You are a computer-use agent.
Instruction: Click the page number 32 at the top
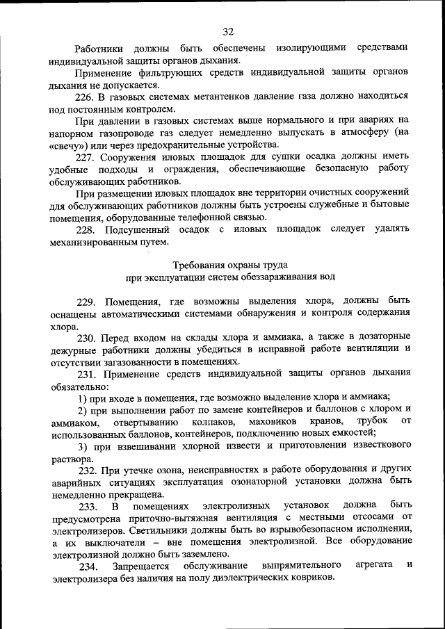click(228, 31)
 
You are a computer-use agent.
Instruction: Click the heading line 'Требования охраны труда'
click(229, 265)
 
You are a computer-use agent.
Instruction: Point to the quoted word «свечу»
click(70, 145)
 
